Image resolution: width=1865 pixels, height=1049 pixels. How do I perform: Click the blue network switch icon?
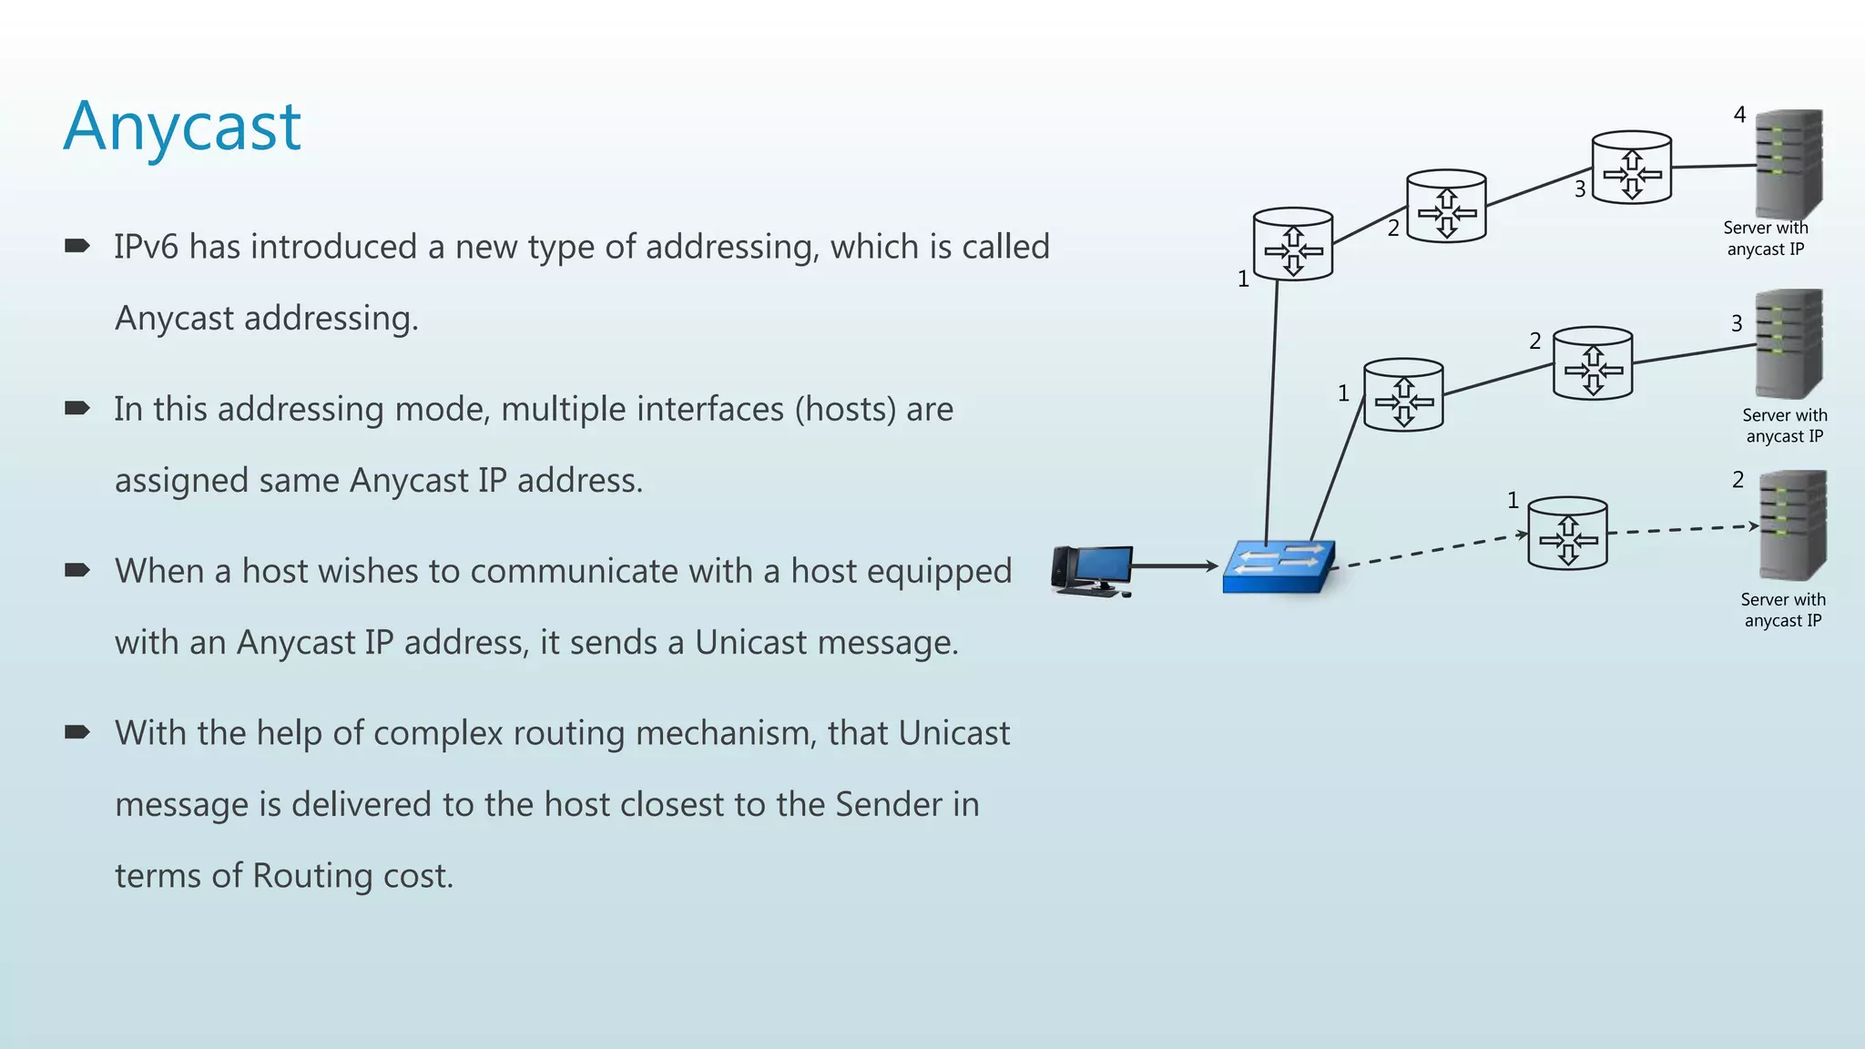click(1279, 567)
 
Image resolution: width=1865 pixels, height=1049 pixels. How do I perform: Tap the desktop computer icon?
click(1092, 571)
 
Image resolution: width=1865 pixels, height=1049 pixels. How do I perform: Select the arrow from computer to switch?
click(1175, 566)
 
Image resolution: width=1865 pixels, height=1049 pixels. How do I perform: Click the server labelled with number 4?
click(1789, 164)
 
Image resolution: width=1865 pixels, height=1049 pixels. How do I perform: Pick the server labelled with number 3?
click(1789, 343)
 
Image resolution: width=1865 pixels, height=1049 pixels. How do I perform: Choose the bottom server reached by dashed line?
click(1792, 525)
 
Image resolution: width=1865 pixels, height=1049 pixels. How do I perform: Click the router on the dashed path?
click(1567, 535)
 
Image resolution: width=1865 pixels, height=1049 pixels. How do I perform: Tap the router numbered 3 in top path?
click(1631, 168)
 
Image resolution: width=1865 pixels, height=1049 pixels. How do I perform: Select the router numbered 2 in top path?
click(1446, 207)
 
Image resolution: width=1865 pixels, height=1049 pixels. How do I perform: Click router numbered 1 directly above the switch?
click(1293, 245)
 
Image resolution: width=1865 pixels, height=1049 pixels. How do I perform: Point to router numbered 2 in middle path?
click(1593, 364)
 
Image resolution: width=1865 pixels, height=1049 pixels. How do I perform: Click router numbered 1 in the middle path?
click(1403, 395)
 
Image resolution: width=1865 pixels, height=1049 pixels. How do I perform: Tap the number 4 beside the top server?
click(1739, 115)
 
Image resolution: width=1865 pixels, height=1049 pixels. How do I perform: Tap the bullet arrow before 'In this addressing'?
click(77, 408)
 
